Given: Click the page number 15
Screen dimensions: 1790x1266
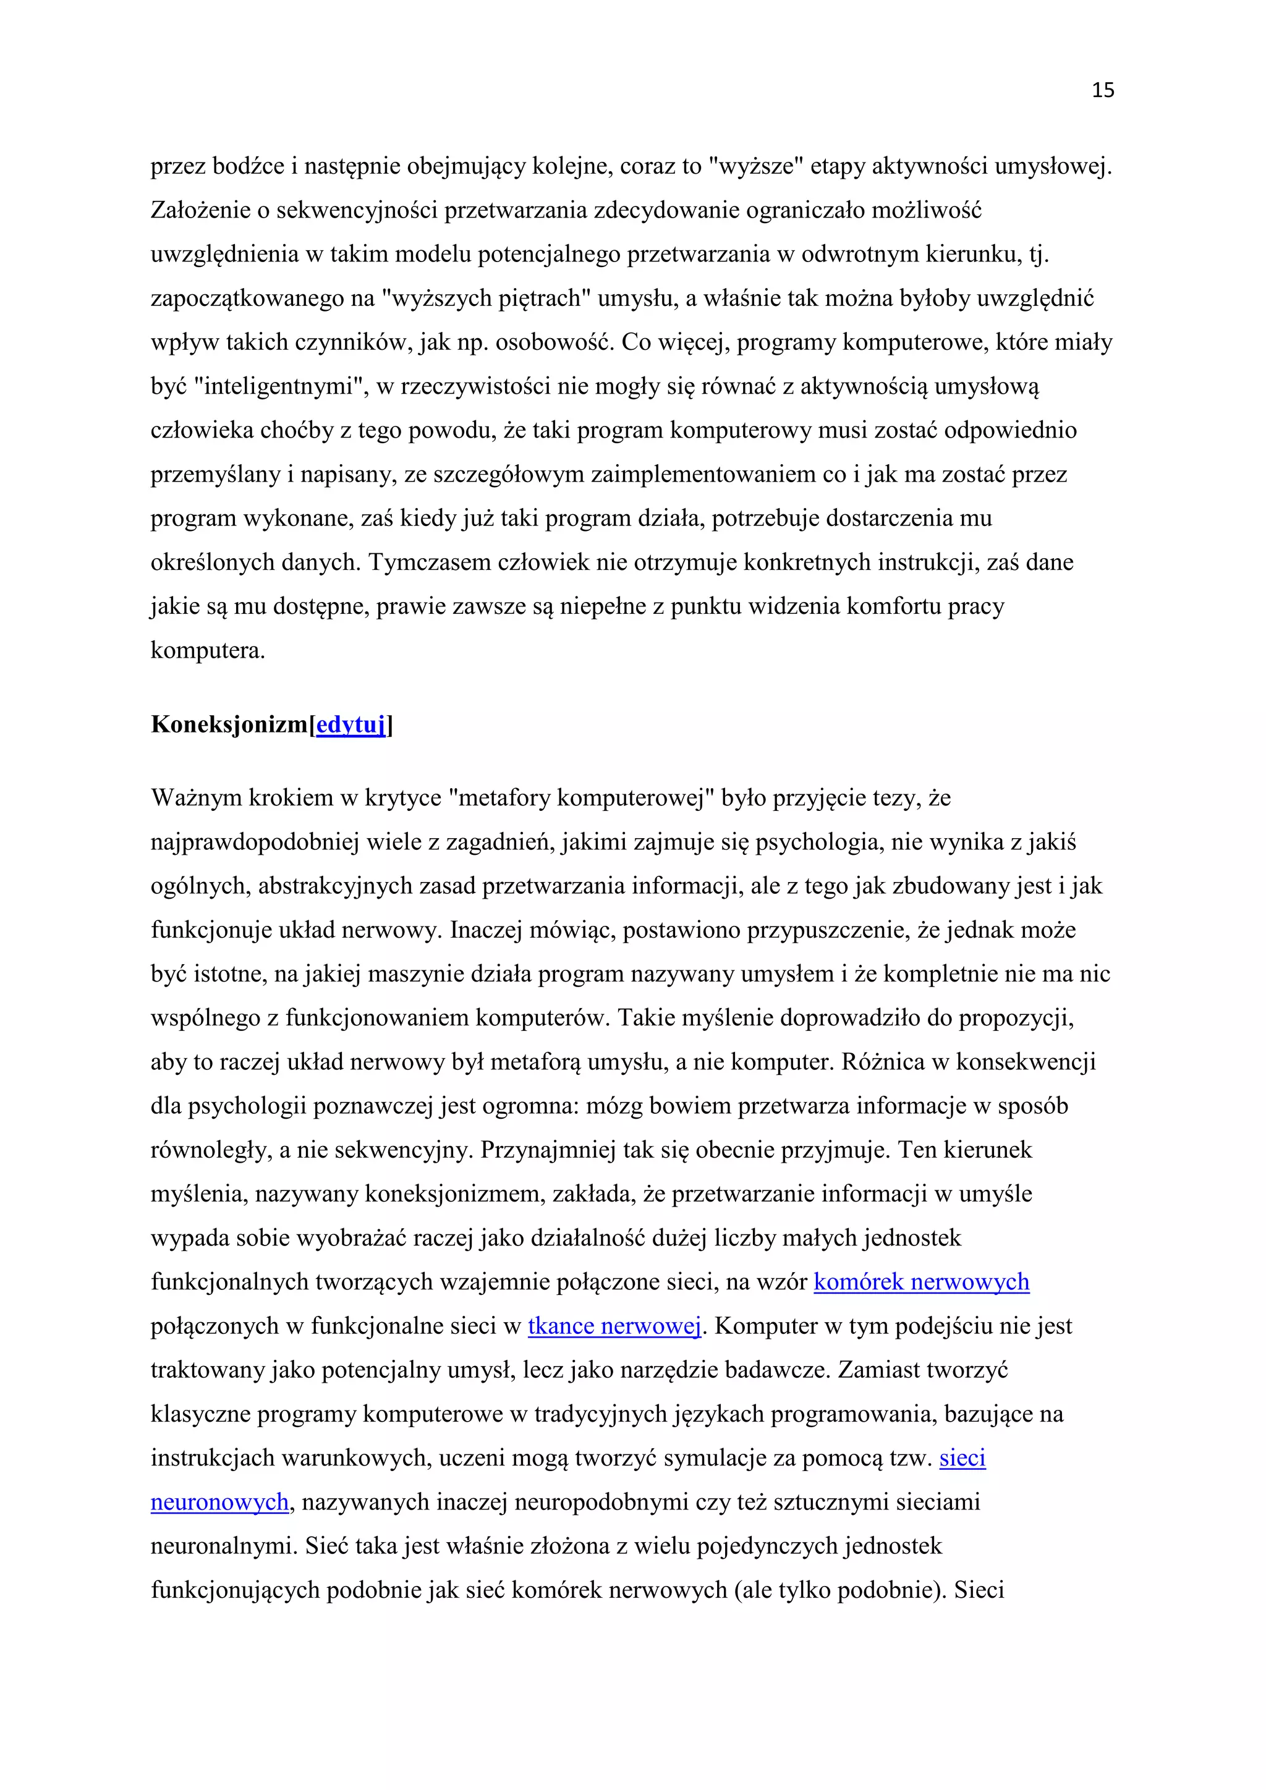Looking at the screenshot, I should (x=1102, y=90).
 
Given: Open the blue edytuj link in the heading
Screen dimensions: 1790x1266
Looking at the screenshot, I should (x=350, y=725).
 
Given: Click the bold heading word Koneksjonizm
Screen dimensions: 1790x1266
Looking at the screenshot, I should (x=229, y=725).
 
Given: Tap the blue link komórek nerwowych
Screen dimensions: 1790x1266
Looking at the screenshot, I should (x=922, y=1282).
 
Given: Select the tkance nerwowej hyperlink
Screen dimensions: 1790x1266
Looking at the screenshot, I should (x=614, y=1326).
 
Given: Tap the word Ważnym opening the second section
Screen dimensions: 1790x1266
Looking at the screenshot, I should (x=196, y=799).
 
